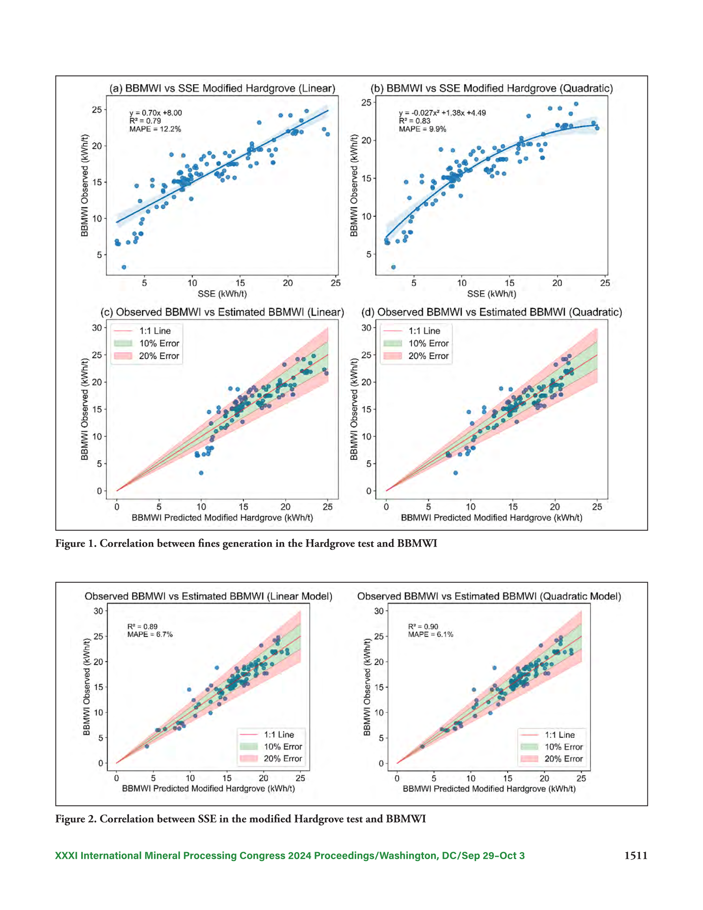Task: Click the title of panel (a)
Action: [x=222, y=88]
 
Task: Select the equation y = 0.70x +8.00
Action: [x=155, y=113]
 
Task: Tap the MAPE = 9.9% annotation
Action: [x=422, y=129]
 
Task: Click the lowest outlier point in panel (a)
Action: [x=124, y=267]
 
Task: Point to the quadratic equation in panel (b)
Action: [x=442, y=113]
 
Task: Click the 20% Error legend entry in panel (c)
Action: [x=146, y=356]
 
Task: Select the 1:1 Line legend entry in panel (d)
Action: [x=412, y=331]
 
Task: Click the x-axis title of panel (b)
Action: [x=492, y=294]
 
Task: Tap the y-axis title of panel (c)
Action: [x=85, y=409]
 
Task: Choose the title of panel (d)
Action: [x=492, y=312]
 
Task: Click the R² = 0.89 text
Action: [x=143, y=627]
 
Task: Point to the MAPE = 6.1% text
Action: [x=430, y=634]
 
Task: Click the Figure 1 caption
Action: [x=246, y=543]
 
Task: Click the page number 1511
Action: [x=636, y=856]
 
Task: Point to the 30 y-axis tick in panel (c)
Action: [x=97, y=328]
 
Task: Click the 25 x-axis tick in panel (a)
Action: [x=336, y=283]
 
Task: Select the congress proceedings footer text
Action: [x=290, y=856]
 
